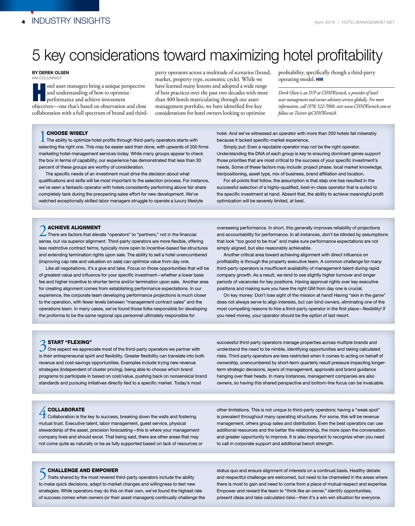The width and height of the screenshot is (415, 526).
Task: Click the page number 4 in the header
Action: tap(23, 22)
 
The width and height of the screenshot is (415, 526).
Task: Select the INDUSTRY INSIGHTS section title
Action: tap(71, 21)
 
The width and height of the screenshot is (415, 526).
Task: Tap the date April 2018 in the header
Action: tap(324, 22)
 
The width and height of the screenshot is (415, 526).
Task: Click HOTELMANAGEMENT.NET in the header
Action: tap(368, 22)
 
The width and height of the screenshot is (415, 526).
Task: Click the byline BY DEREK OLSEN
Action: tap(50, 73)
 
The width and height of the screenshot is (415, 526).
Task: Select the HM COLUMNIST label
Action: tap(47, 78)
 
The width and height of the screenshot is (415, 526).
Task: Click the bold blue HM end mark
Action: tap(320, 79)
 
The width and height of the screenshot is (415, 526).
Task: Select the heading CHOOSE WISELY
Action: tap(67, 133)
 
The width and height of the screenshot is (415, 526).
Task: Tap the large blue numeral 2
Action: tap(43, 231)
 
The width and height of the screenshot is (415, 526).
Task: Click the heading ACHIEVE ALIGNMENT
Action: tap(74, 227)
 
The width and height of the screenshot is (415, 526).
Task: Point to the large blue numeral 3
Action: tap(43, 346)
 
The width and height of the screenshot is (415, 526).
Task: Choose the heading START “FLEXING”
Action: tap(70, 342)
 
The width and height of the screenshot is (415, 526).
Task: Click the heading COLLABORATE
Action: tap(66, 410)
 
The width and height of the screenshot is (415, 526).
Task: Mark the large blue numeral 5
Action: tap(43, 473)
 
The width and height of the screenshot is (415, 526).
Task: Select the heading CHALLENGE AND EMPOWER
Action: tap(83, 470)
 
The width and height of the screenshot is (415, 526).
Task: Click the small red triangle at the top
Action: tap(32, 13)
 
